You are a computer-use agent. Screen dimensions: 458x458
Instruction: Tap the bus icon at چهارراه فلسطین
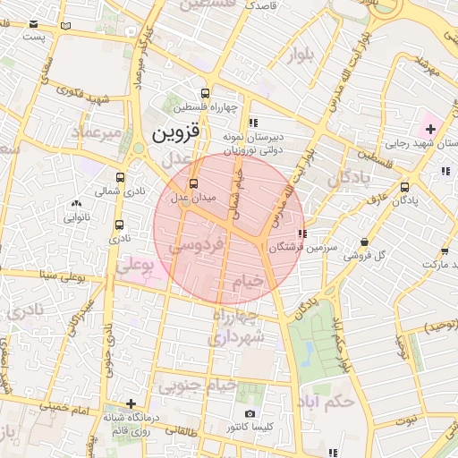206,93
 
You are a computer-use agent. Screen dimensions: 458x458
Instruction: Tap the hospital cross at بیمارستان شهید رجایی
430,129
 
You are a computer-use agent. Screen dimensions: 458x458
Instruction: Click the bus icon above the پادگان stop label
405,187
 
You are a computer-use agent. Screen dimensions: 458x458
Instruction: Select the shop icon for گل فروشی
364,242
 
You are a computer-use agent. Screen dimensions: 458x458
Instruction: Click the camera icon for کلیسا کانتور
250,413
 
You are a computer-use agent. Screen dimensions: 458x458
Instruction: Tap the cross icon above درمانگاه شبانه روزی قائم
131,403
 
